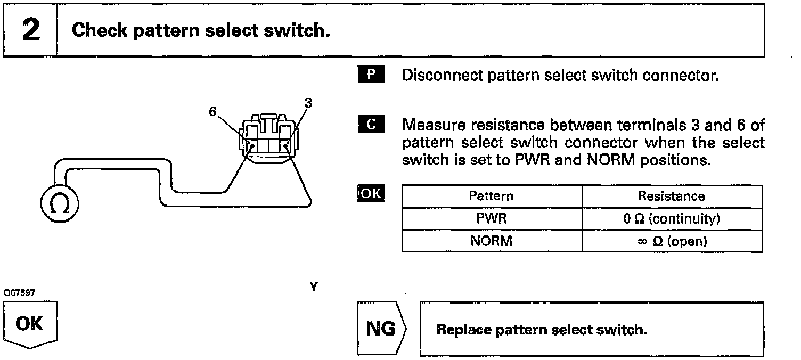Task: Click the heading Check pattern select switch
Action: [201, 31]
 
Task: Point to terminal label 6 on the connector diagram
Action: [213, 112]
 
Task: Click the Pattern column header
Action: [491, 196]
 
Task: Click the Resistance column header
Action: [672, 196]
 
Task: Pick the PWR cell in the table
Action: [491, 218]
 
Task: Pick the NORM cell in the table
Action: [491, 241]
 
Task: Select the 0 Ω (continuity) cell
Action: [672, 218]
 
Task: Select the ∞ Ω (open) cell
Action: [672, 241]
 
